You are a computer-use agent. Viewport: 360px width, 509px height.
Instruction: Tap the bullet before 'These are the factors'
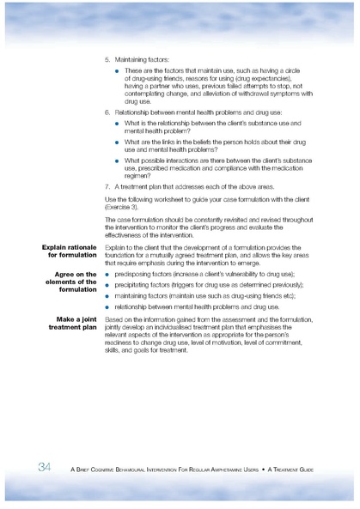(117, 70)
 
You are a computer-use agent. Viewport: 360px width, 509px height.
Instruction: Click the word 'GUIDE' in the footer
(323, 468)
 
